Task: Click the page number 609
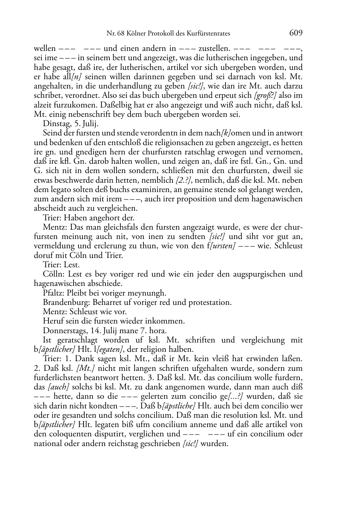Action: coord(296,33)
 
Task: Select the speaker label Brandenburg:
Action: coord(67,302)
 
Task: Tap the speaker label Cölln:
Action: coord(52,274)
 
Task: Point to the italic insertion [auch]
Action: coord(58,387)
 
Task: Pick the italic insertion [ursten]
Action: coord(224,246)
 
